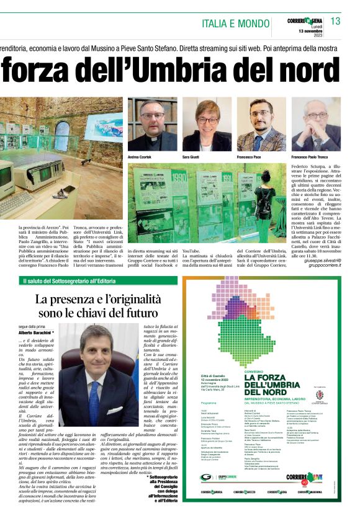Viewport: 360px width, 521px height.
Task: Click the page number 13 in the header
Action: tap(335, 21)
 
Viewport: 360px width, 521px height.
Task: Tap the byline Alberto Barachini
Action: tap(37, 332)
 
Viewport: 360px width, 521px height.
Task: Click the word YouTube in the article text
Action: tap(191, 252)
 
